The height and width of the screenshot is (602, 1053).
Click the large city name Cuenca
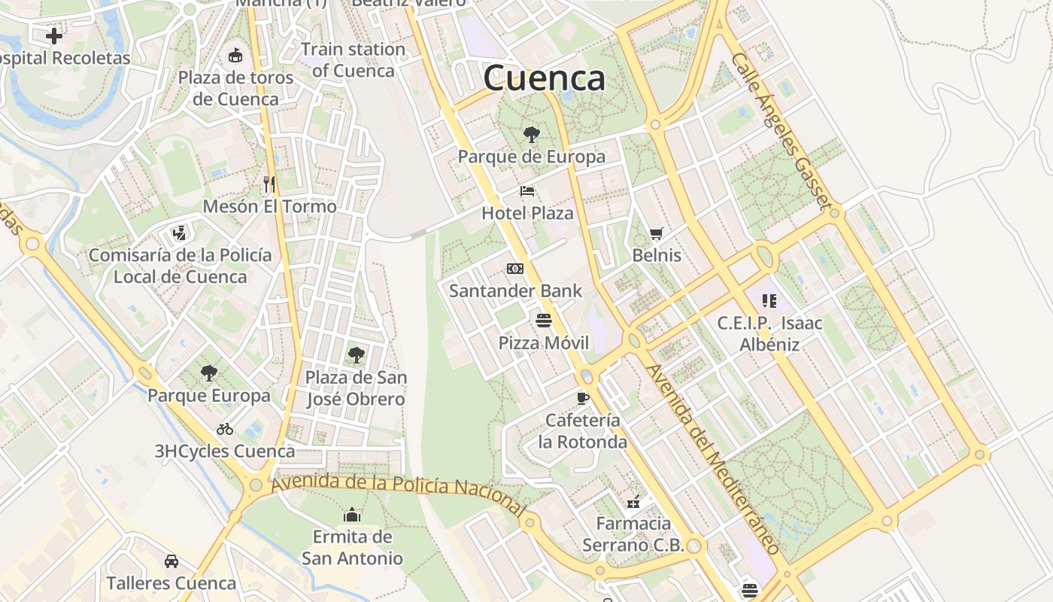[544, 78]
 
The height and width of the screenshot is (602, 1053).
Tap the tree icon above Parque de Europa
[532, 135]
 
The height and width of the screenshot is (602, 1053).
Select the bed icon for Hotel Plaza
[527, 191]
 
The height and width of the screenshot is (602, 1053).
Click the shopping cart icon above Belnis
[657, 234]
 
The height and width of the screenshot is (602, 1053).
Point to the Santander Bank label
[515, 290]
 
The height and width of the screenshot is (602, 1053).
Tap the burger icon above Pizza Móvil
[545, 321]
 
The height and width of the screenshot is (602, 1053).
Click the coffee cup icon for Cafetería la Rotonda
[582, 398]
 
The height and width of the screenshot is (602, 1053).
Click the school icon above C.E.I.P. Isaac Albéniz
[769, 301]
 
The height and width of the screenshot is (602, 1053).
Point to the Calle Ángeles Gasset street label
[781, 132]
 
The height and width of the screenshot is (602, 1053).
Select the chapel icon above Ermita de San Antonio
[352, 515]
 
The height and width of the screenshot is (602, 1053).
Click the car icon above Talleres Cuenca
[171, 561]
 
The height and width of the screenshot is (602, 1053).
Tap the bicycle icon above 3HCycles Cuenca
[225, 429]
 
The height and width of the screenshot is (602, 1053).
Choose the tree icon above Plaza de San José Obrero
[357, 355]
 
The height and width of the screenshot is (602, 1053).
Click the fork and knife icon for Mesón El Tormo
[269, 184]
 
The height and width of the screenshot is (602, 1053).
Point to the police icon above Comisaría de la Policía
[179, 233]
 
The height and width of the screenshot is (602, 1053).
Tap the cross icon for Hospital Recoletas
[54, 35]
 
